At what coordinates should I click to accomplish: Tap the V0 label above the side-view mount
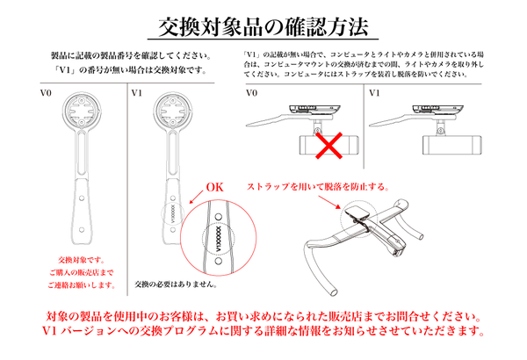[251, 91]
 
